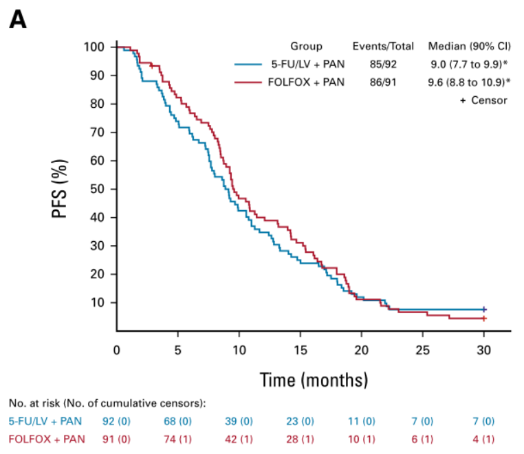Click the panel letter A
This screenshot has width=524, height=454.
tap(18, 20)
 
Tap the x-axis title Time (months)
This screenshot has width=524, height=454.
tap(313, 379)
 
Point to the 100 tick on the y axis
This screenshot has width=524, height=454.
tap(94, 47)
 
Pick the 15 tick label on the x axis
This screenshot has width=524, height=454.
tap(300, 348)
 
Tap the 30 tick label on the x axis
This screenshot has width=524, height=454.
tap(484, 348)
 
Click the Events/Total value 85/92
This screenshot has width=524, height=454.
tap(383, 65)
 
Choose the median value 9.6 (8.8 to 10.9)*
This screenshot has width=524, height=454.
tap(469, 82)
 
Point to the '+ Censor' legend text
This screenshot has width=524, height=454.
tap(483, 100)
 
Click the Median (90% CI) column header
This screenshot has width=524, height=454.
tap(468, 47)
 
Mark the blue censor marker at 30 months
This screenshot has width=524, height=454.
tap(484, 310)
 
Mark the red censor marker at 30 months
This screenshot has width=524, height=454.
tap(484, 318)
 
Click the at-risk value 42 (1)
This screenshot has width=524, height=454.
tap(239, 439)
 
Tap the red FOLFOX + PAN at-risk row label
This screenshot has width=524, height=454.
tap(47, 439)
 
